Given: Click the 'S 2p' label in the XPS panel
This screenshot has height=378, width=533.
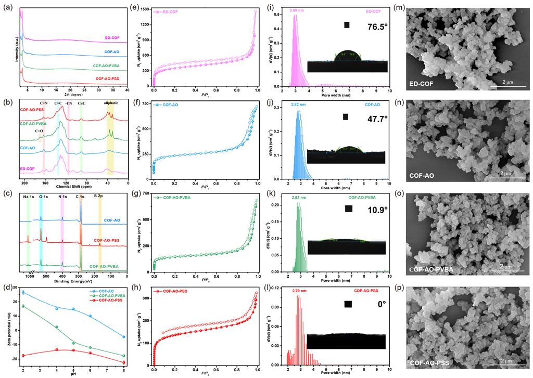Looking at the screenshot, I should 99,196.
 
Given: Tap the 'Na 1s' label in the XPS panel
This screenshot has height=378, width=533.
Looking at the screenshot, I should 29,197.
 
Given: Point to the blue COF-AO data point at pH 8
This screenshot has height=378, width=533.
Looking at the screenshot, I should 123,336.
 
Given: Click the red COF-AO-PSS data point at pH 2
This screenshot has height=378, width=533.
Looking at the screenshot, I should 23,355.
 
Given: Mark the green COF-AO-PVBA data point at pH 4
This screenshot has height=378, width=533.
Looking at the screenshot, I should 57,327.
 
